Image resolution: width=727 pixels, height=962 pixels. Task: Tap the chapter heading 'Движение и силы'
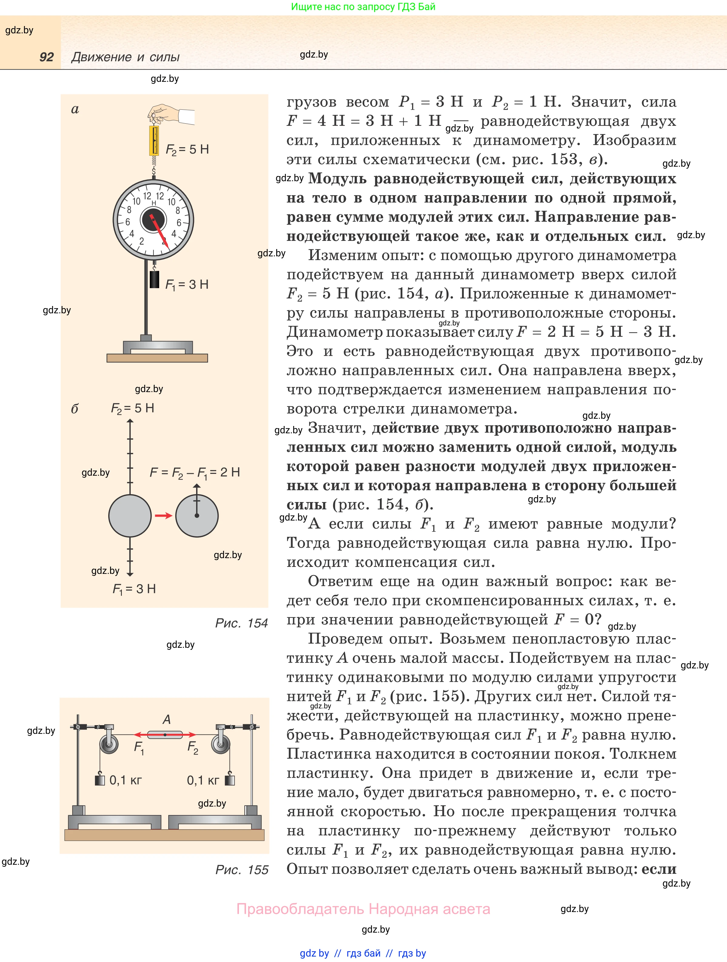[125, 57]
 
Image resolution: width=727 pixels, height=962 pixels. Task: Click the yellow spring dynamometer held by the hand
[154, 140]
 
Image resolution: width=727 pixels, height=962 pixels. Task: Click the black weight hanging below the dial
[154, 279]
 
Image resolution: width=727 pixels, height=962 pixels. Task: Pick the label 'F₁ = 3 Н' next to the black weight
[187, 285]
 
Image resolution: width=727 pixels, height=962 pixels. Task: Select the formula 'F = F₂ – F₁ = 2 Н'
[194, 472]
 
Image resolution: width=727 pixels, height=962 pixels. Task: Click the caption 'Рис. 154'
[241, 623]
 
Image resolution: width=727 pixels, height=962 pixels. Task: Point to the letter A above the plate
[166, 720]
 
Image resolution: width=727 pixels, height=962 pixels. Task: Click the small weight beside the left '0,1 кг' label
[100, 780]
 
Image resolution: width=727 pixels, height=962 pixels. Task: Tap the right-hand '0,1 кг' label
[203, 780]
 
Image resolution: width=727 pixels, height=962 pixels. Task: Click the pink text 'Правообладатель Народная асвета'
[363, 909]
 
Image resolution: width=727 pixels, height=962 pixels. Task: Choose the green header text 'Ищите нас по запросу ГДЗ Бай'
[363, 7]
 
